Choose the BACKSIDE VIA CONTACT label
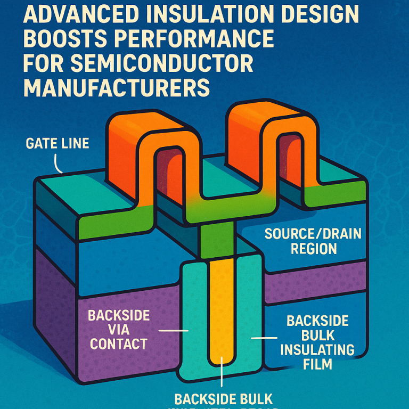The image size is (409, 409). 118,329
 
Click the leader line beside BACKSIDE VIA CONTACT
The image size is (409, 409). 174,330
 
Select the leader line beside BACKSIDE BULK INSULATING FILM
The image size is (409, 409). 264,338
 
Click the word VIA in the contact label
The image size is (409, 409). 118,329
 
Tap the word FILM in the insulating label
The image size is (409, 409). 317,364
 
